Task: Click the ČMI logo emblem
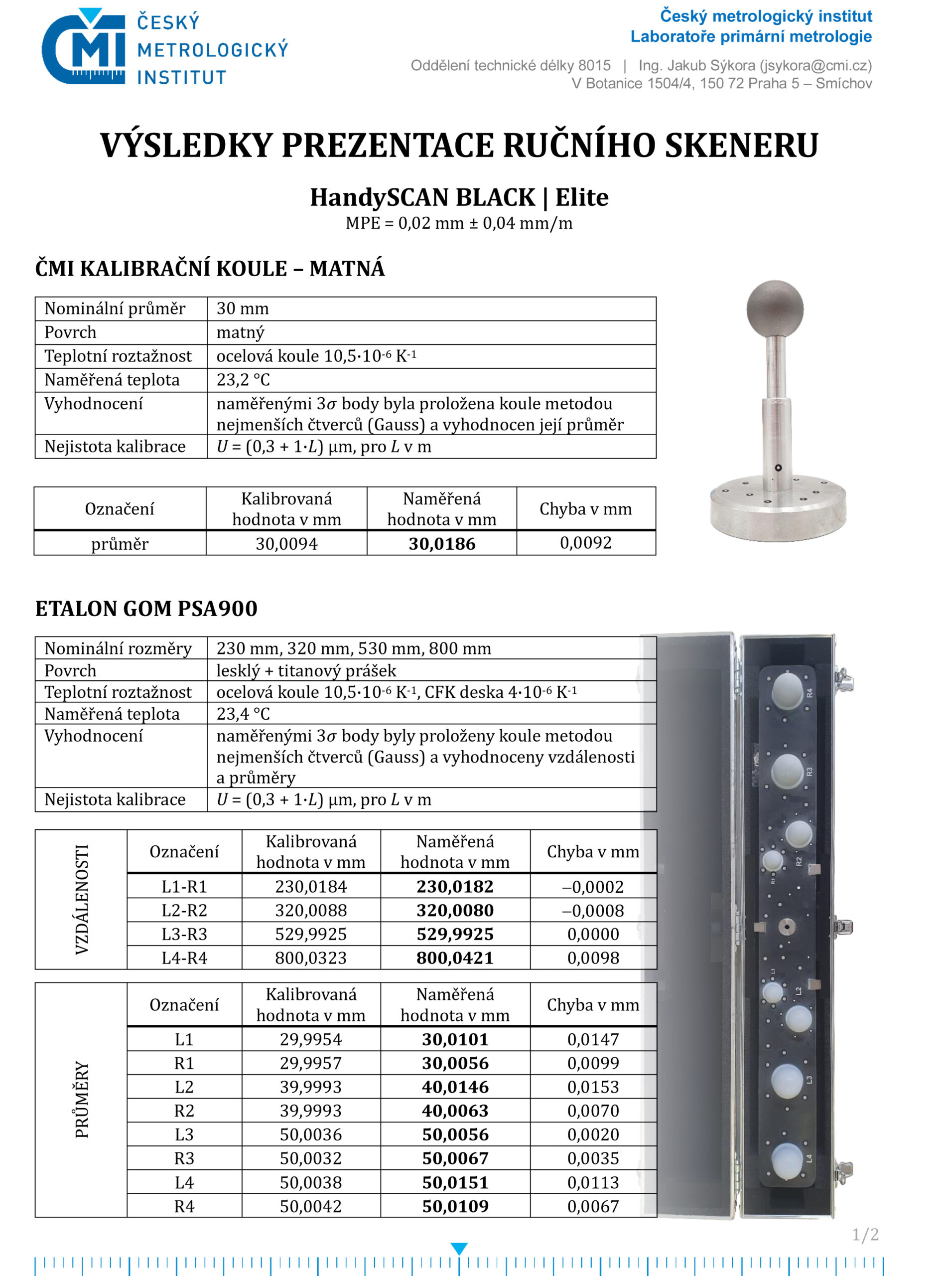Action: tap(83, 48)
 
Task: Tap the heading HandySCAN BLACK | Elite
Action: tap(459, 197)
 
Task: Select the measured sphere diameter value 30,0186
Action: tap(442, 544)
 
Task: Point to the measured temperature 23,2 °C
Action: tap(243, 380)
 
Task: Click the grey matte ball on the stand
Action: tap(775, 309)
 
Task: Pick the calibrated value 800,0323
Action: tap(311, 957)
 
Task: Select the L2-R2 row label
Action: tap(184, 910)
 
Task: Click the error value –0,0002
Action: tap(593, 886)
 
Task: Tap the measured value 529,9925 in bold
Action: tap(455, 935)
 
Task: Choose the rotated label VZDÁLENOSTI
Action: tap(82, 900)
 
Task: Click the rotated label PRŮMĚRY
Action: tap(82, 1100)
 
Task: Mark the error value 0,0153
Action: tap(593, 1087)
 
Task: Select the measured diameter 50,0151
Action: tap(455, 1182)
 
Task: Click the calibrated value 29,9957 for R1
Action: tap(311, 1063)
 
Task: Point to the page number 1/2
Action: tap(865, 1235)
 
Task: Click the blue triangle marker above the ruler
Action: tap(459, 1249)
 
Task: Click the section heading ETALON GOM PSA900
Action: tap(146, 609)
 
